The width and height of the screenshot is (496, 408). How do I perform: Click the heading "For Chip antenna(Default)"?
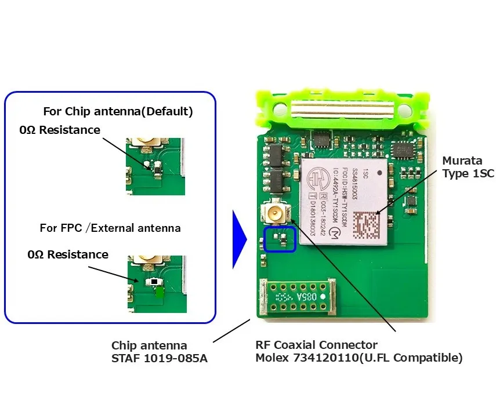[x=118, y=111]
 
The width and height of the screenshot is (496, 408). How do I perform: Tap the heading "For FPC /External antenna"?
[x=110, y=228]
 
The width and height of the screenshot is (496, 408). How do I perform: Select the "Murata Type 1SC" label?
[x=468, y=166]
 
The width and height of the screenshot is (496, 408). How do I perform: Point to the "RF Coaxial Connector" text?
[x=316, y=345]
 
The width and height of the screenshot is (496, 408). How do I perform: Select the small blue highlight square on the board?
[x=280, y=239]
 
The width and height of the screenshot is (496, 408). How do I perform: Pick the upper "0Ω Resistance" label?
[x=60, y=130]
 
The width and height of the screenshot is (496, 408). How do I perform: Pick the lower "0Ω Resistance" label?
[x=68, y=254]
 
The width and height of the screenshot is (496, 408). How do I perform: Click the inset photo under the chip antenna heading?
[x=155, y=166]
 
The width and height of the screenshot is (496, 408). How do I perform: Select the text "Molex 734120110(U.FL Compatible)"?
[x=359, y=358]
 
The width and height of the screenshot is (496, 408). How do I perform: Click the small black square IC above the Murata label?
[x=400, y=150]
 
